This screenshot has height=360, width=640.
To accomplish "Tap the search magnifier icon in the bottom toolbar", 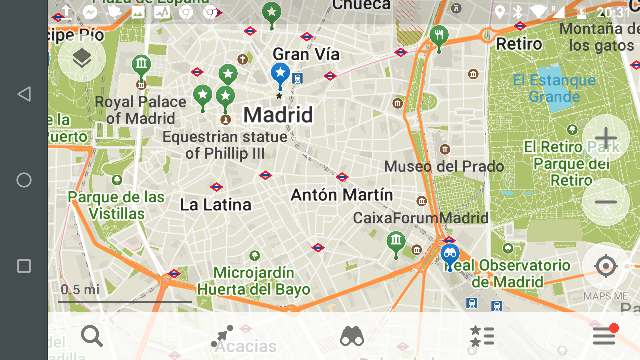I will click(x=92, y=336).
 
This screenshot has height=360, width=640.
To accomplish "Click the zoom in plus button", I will click(x=606, y=138).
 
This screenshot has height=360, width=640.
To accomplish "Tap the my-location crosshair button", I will click(x=606, y=266).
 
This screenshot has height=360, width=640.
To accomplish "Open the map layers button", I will click(x=82, y=58).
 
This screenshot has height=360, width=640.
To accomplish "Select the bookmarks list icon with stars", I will click(x=482, y=336).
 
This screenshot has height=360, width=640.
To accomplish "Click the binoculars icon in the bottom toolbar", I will click(x=352, y=336).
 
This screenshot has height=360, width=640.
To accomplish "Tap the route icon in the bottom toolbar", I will click(x=222, y=336).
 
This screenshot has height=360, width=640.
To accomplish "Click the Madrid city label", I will click(x=278, y=115).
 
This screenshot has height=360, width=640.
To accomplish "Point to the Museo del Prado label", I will click(x=444, y=166).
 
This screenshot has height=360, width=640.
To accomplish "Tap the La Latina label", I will click(x=215, y=205).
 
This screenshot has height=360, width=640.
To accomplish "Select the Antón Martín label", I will click(x=342, y=195).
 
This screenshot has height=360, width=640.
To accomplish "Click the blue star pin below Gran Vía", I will click(x=280, y=73).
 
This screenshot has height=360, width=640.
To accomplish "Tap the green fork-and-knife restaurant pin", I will click(x=439, y=35).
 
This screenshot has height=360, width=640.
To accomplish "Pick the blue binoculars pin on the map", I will click(x=450, y=254).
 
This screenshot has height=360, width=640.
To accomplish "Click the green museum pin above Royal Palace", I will click(x=141, y=64).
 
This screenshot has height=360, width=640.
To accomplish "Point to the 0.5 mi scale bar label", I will click(x=80, y=289).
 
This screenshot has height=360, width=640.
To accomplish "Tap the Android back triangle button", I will click(x=24, y=94).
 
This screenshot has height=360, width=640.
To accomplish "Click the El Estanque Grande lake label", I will click(x=554, y=88).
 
